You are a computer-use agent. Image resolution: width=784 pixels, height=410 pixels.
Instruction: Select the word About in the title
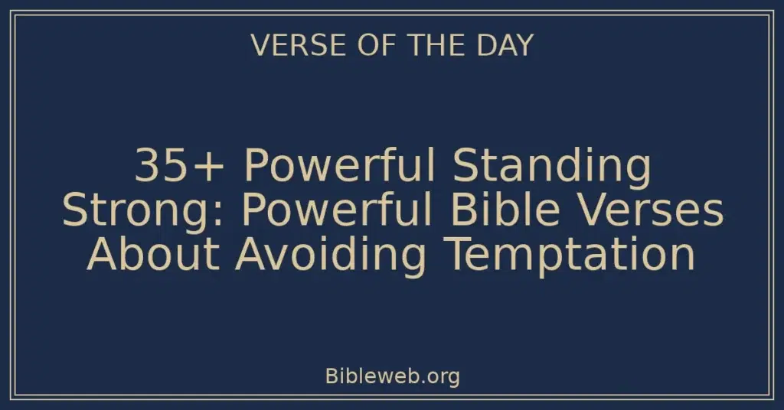point(154,255)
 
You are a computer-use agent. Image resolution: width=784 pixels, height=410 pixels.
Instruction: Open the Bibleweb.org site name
point(392,376)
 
